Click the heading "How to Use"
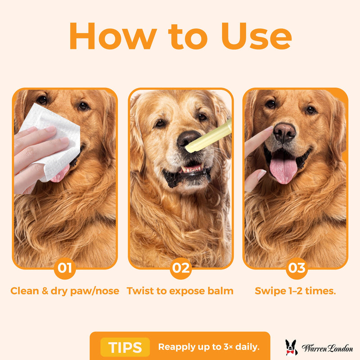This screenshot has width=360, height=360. click(x=180, y=36)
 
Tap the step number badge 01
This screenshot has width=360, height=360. click(x=65, y=268)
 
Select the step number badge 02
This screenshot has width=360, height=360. click(x=181, y=268)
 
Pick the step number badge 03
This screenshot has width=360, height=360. click(x=297, y=268)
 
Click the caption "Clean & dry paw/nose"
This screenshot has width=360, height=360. click(x=65, y=291)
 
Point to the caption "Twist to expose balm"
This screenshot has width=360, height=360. click(x=180, y=291)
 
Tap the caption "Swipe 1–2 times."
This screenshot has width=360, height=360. click(x=295, y=291)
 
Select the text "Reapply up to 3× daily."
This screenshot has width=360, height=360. click(x=208, y=347)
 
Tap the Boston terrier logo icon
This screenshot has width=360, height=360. click(x=291, y=347)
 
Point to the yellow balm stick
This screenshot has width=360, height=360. click(x=209, y=137)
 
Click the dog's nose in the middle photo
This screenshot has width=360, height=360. click(x=188, y=139)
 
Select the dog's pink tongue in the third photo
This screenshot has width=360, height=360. click(x=283, y=169)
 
